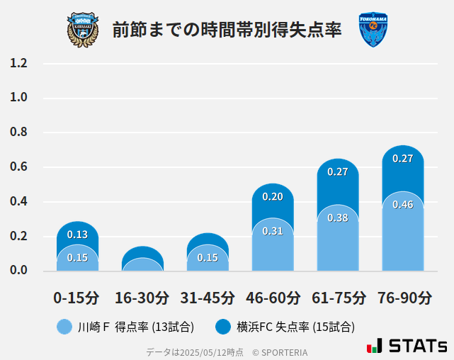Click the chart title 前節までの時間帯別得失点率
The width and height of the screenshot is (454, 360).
click(227, 30)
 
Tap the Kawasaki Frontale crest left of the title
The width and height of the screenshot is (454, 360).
click(83, 30)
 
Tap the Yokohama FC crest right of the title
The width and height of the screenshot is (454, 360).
click(373, 30)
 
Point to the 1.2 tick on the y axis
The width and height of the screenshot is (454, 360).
click(19, 64)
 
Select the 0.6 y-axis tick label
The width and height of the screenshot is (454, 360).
click(19, 167)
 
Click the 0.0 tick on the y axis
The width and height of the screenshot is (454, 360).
click(19, 271)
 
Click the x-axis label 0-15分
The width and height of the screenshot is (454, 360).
click(76, 298)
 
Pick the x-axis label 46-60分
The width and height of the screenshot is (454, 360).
click(272, 298)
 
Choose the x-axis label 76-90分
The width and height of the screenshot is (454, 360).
click(403, 298)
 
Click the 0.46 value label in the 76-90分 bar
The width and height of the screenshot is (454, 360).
click(402, 205)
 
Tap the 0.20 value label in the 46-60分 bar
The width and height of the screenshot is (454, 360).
click(272, 196)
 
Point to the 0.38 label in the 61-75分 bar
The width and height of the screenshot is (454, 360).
click(338, 218)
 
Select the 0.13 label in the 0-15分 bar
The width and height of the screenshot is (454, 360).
click(77, 235)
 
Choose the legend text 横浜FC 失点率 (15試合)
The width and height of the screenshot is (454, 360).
click(296, 327)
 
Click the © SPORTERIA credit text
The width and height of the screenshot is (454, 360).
click(280, 351)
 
